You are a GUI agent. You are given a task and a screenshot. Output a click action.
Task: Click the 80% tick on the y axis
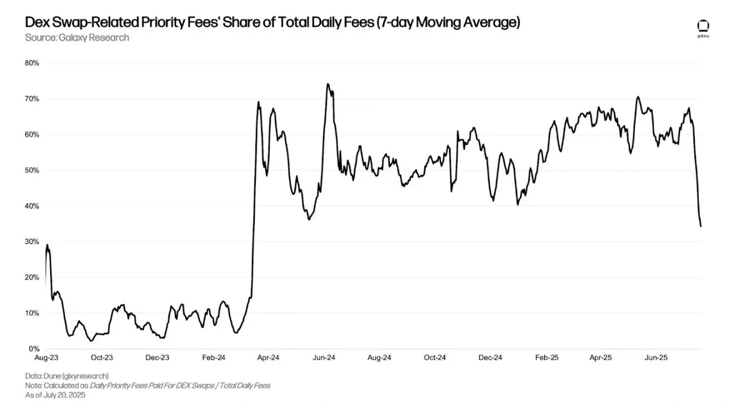[32, 63]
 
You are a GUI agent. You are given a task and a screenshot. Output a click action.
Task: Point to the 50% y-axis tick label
[32, 170]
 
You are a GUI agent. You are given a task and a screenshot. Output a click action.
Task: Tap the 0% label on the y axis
[34, 349]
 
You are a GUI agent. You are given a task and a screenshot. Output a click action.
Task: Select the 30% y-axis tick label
[32, 242]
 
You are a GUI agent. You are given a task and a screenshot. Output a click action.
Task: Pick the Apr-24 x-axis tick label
[268, 358]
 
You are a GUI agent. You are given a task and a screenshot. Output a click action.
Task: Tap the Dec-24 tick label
[490, 358]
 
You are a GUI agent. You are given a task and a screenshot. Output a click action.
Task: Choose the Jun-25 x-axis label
[656, 358]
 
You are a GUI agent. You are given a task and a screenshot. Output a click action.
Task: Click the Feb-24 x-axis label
[213, 358]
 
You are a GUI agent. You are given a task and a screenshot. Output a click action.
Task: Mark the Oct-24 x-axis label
[435, 358]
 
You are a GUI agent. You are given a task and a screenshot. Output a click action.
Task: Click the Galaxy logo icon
[703, 26]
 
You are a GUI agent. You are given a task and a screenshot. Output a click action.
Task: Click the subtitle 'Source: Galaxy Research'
[77, 37]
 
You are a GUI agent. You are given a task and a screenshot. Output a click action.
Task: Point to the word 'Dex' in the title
[37, 23]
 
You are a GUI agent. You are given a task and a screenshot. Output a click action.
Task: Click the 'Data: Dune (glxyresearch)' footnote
[67, 376]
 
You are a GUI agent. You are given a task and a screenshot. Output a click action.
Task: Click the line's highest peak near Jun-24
[328, 84]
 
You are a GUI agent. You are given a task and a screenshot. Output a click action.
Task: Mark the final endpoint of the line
[700, 226]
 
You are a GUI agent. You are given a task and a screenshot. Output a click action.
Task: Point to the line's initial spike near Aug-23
[47, 245]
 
